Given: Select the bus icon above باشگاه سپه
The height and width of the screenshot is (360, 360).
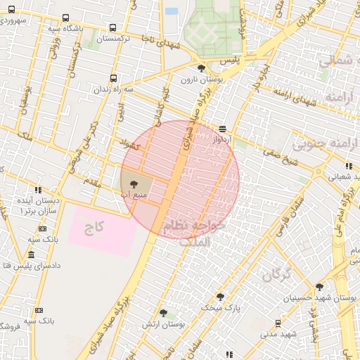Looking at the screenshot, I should pyautogui.click(x=65, y=18).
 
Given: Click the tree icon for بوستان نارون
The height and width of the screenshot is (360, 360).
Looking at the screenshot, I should pyautogui.click(x=202, y=68).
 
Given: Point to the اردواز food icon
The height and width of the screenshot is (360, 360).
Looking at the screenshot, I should pyautogui.click(x=222, y=129).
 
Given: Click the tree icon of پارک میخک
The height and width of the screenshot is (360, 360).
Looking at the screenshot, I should pyautogui.click(x=220, y=297).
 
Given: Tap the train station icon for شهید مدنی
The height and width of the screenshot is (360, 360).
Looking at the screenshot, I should pyautogui.click(x=278, y=323).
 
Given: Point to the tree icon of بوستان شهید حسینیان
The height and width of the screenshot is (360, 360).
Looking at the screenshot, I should pyautogui.click(x=320, y=287).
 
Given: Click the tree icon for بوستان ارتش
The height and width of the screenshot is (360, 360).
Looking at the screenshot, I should pyautogui.click(x=163, y=313).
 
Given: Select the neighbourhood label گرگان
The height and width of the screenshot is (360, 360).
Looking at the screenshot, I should pyautogui.click(x=277, y=275).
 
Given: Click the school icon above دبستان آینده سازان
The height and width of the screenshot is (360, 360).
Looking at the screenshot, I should pyautogui.click(x=38, y=190).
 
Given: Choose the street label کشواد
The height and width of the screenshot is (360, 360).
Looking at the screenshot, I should pyautogui.click(x=131, y=146).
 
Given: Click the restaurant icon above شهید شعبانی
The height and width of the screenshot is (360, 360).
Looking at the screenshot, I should pyautogui.click(x=349, y=166).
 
